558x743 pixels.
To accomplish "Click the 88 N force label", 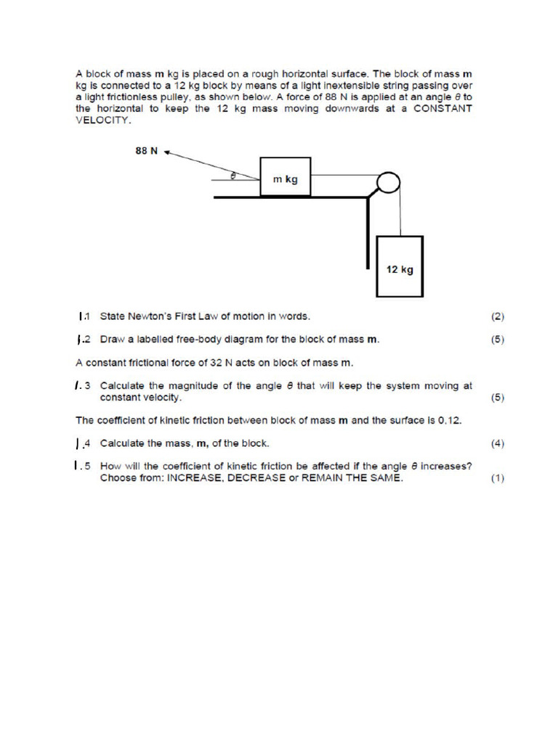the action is pos(147,152).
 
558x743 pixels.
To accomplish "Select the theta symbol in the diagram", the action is pos(232,174).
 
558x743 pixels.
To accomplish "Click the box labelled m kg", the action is pos(286,176).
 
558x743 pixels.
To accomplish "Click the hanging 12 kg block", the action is pos(400,266).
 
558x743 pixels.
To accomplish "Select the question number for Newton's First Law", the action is pos(84,316).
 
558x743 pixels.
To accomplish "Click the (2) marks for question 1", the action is pos(497,316).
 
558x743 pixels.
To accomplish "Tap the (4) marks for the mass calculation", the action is pos(497,443).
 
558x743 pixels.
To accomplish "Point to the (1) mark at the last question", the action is pos(497,478).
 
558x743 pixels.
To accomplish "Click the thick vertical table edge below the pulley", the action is pos(368,232).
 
